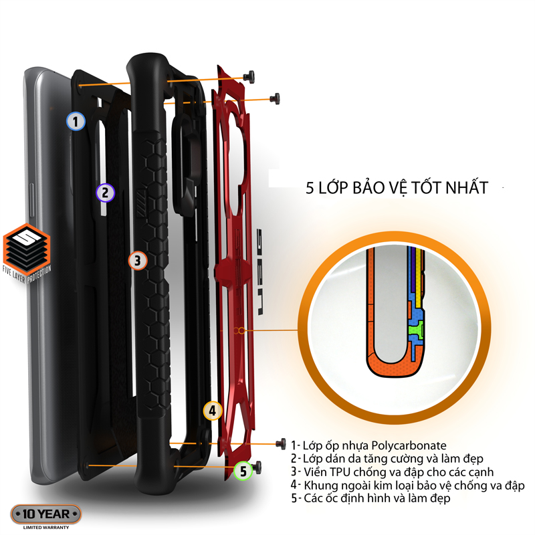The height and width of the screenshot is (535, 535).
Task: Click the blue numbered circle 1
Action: (x=76, y=121)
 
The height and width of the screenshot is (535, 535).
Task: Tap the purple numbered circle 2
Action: (x=105, y=193)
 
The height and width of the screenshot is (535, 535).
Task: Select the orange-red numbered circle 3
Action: (x=138, y=261)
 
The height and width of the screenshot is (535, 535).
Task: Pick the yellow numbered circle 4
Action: (x=213, y=411)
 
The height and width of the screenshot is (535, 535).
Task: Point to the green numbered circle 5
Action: (x=243, y=471)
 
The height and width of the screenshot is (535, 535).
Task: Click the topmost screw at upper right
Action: (x=249, y=76)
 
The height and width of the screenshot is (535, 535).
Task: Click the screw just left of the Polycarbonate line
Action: (x=281, y=443)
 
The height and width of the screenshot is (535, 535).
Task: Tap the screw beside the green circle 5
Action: (x=257, y=467)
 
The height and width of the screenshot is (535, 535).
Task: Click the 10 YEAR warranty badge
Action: (x=46, y=514)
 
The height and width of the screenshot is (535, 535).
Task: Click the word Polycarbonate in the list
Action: (x=409, y=445)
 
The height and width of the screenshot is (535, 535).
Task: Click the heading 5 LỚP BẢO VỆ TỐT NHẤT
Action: (x=397, y=187)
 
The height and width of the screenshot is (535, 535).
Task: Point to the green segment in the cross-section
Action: (x=416, y=330)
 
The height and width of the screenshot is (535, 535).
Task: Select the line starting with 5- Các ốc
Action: (x=370, y=498)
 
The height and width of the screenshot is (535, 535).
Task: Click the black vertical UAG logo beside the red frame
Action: (x=260, y=272)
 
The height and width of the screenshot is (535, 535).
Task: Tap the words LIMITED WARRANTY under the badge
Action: (x=46, y=528)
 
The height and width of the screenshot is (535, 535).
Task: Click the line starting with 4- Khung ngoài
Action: (x=407, y=486)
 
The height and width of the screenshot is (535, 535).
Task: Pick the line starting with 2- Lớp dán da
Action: (x=387, y=459)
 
